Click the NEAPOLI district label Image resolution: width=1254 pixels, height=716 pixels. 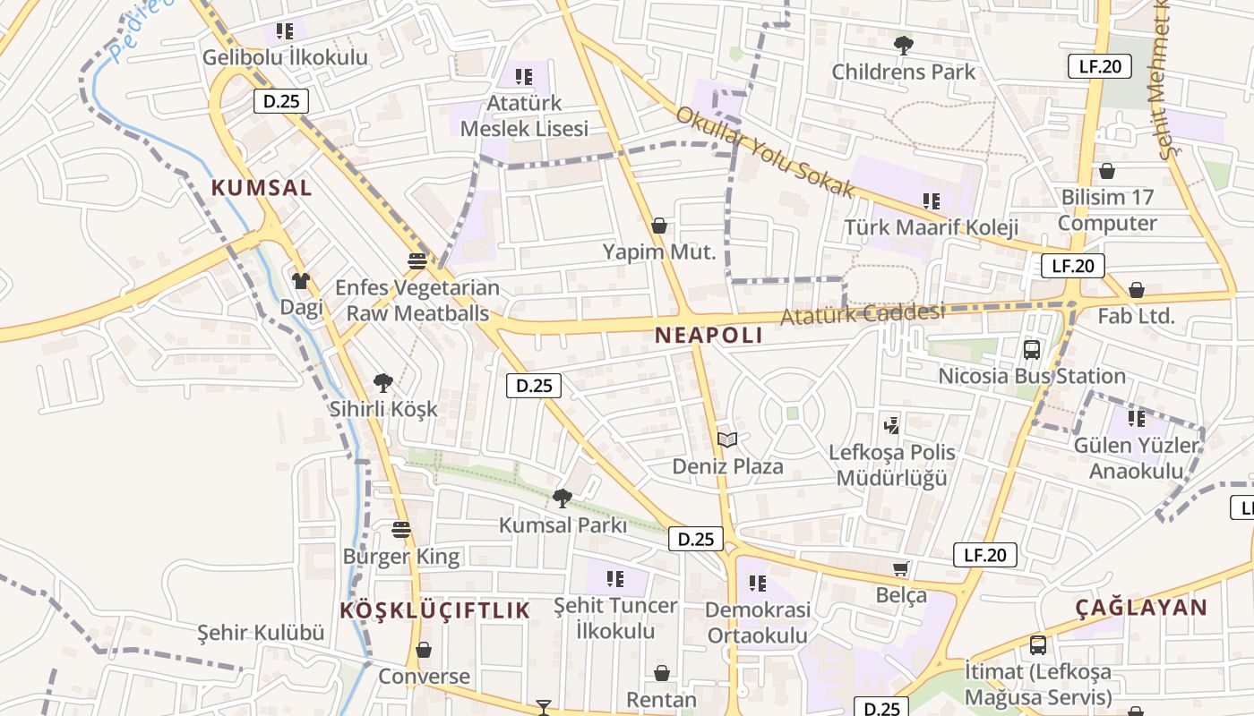(709, 336)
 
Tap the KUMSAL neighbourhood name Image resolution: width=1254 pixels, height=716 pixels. (262, 188)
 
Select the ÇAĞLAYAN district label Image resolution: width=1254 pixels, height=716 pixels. (1141, 608)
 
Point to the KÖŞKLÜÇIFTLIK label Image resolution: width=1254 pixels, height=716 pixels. (435, 610)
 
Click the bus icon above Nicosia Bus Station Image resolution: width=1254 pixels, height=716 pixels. (1031, 350)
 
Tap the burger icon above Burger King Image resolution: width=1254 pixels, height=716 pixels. (401, 530)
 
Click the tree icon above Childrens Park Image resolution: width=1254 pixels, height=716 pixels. (904, 45)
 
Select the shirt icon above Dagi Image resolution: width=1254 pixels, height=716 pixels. (301, 281)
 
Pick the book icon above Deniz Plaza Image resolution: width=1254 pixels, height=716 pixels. (727, 439)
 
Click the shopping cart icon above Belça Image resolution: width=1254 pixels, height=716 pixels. (901, 569)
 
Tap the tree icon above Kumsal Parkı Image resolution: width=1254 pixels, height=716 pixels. (563, 498)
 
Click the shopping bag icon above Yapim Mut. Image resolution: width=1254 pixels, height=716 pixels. (659, 226)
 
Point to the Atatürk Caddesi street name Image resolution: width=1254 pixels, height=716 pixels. (863, 314)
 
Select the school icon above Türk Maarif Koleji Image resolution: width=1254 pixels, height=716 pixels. (932, 201)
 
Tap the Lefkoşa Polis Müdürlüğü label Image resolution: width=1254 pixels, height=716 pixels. (891, 465)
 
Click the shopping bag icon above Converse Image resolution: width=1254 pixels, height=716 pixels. (424, 650)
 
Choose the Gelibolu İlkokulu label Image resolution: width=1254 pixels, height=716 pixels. (285, 57)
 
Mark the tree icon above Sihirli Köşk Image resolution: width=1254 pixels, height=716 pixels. (383, 383)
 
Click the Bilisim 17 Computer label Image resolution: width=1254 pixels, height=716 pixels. (1107, 210)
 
